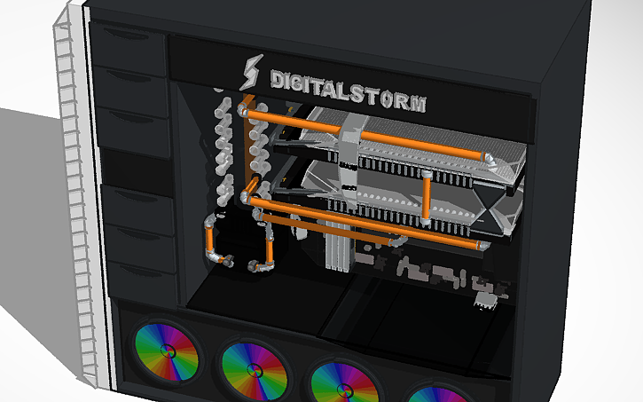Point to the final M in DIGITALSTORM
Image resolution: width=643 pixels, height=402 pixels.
(416, 100)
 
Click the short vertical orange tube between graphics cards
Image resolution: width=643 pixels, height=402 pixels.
(427, 197)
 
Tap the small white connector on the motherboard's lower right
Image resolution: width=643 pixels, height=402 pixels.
(484, 302)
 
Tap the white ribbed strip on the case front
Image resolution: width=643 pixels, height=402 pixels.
(79, 204)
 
